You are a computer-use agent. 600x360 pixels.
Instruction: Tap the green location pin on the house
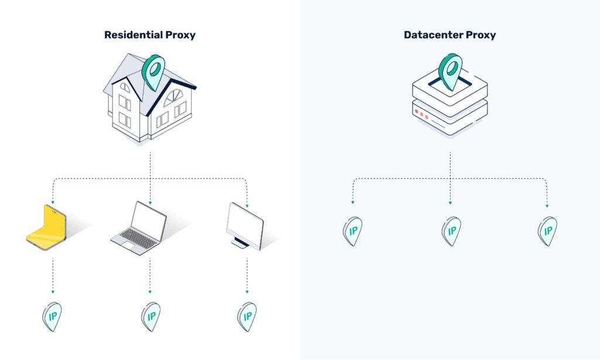click(x=154, y=70)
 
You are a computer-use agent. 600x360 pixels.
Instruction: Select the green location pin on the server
click(x=451, y=70)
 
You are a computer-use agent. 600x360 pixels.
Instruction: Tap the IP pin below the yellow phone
click(x=53, y=317)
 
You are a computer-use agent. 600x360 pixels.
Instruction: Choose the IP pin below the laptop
click(x=151, y=317)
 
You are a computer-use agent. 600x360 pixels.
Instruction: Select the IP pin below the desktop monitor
click(x=247, y=317)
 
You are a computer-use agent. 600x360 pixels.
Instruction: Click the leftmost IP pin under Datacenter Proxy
click(x=353, y=230)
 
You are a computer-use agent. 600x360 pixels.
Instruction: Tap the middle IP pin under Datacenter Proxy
click(x=451, y=230)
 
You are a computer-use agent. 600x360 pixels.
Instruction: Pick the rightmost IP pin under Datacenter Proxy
click(x=547, y=230)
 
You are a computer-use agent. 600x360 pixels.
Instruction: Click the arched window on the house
click(x=174, y=96)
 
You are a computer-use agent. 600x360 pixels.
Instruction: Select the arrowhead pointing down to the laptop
click(x=150, y=203)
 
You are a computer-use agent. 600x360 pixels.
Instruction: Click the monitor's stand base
click(x=239, y=244)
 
